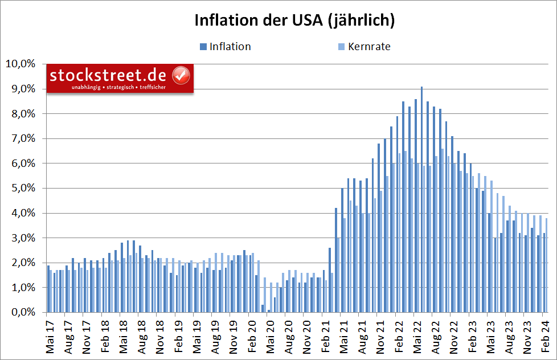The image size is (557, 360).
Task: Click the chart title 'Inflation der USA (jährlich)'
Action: (294, 20)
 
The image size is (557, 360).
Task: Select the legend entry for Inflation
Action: (230, 47)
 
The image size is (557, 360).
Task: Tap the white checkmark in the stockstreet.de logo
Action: (181, 75)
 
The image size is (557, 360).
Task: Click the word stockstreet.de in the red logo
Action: (108, 75)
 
